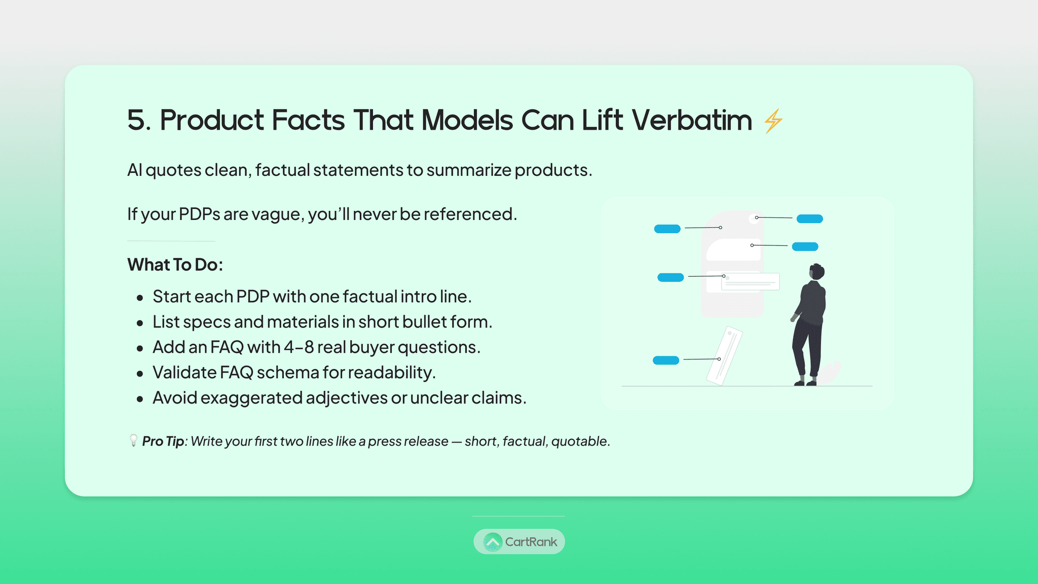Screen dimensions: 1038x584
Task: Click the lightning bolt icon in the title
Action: [x=773, y=121]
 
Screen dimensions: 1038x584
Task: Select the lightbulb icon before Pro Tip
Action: [x=133, y=440]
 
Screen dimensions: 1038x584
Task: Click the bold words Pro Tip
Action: [x=163, y=441]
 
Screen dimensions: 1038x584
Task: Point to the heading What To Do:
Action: [x=175, y=265]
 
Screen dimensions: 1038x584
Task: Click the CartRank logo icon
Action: [x=493, y=542]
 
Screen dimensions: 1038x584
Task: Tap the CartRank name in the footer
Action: [x=531, y=542]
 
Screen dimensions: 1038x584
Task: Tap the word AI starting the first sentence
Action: [x=134, y=170]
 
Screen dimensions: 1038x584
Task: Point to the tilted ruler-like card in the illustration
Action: [x=725, y=356]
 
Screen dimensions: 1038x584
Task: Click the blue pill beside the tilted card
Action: [x=666, y=360]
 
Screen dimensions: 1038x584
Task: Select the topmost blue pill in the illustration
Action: [x=810, y=219]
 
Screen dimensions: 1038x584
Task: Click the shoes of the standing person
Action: [x=805, y=383]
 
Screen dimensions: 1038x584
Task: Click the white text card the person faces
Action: [x=750, y=281]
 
